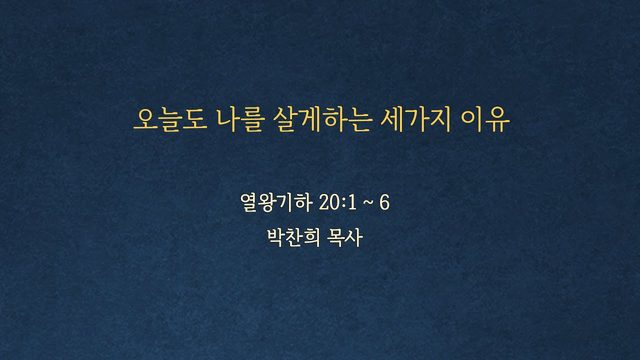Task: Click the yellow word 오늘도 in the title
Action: point(171,120)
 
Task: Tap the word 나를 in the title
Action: point(240,120)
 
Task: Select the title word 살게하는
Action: point(322,120)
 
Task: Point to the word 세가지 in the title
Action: point(415,120)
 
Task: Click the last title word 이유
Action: point(485,120)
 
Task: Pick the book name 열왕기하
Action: point(276,202)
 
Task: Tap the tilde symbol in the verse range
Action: point(367,203)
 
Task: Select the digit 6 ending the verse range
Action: point(384,202)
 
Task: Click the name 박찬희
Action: point(293,237)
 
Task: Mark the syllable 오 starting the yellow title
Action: point(146,120)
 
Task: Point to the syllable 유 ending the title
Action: point(498,120)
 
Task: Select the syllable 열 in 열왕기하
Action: point(249,202)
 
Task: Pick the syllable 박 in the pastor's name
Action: point(276,237)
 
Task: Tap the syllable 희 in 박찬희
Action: point(312,237)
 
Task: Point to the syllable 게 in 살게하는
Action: point(310,120)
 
